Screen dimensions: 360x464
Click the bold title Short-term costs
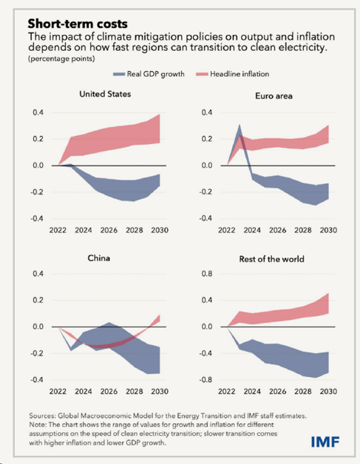[78, 24]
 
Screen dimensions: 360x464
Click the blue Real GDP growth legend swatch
[119, 75]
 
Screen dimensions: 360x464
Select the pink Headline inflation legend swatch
[202, 75]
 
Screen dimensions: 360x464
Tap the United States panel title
[105, 94]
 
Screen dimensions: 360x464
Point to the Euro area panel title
[274, 96]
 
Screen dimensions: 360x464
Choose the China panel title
[99, 258]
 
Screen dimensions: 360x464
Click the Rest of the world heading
[272, 259]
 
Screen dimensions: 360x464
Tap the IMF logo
[325, 442]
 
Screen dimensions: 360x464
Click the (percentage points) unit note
[61, 58]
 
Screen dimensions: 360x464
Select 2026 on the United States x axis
[109, 231]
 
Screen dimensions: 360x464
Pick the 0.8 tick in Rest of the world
[207, 273]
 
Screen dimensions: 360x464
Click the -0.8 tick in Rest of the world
[206, 380]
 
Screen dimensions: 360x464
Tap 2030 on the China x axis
[160, 392]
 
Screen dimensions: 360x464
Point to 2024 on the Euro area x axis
[252, 231]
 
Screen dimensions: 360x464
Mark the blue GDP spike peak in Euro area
[240, 125]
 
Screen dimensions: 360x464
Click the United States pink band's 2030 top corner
[160, 115]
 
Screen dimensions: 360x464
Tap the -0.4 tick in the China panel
[37, 380]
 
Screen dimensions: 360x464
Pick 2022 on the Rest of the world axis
[226, 392]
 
